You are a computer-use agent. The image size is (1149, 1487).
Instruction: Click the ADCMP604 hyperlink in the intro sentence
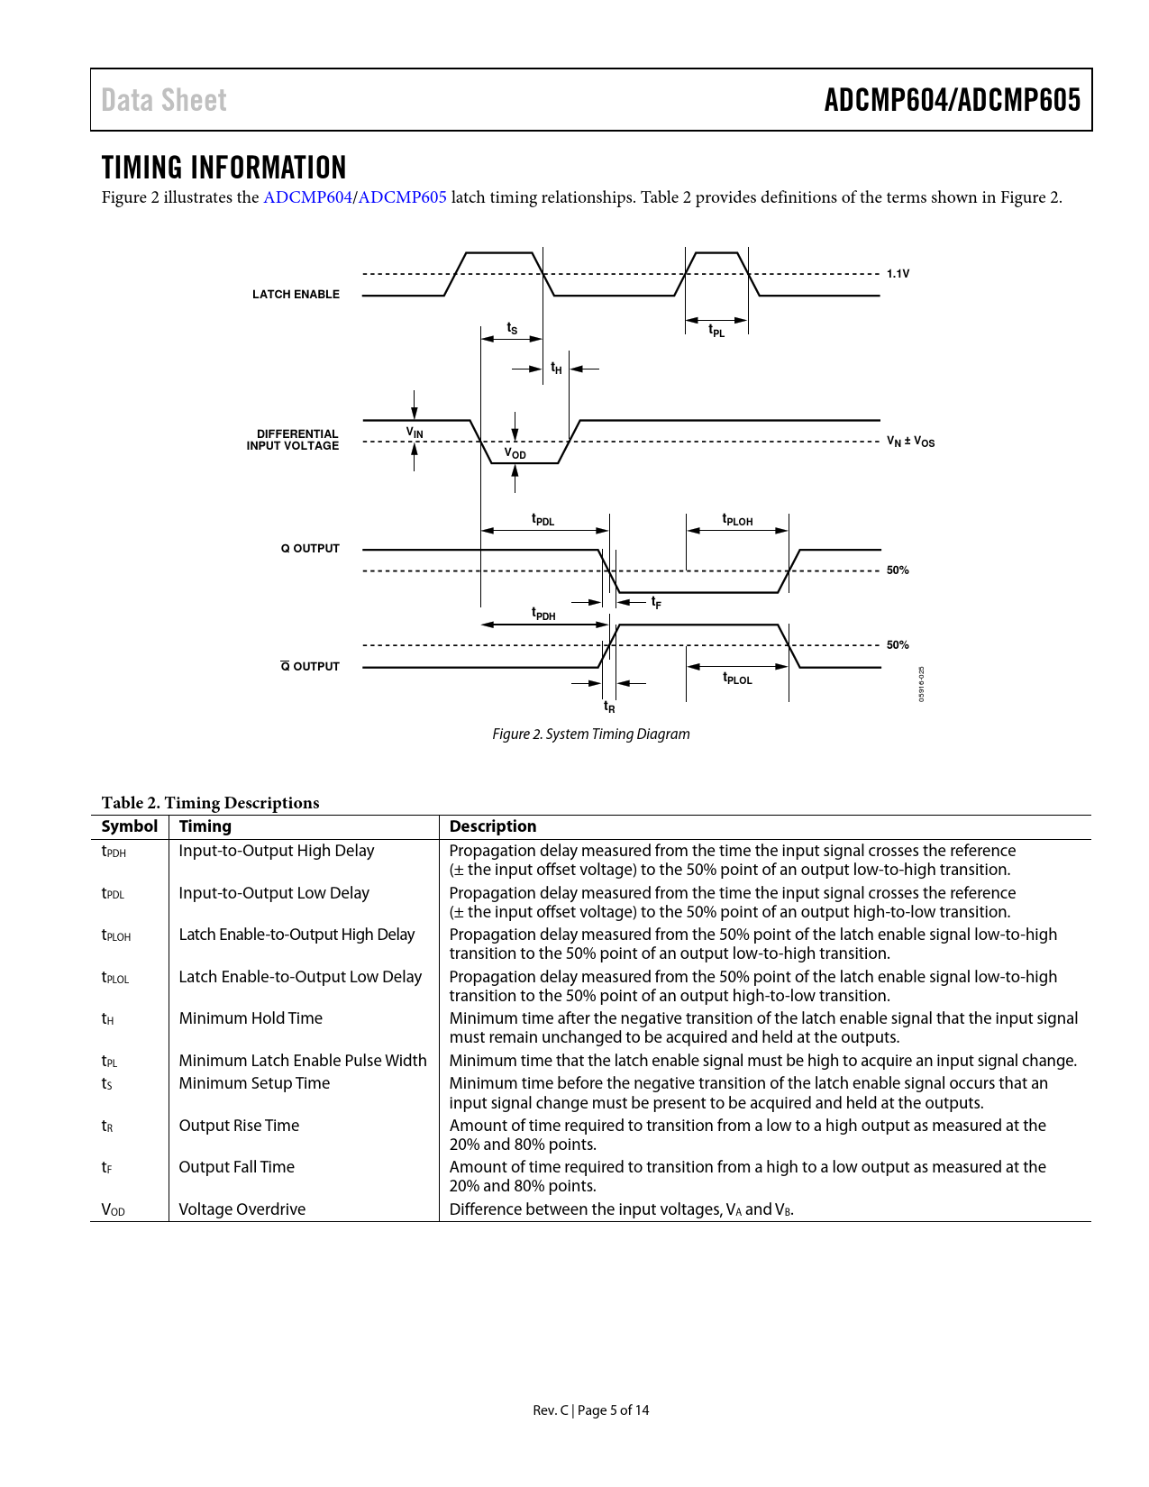(307, 197)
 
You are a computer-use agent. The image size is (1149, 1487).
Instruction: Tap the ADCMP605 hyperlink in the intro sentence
(403, 197)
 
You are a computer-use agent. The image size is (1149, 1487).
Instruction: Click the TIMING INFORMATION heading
(223, 168)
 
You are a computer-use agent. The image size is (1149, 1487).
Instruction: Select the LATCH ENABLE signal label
(296, 295)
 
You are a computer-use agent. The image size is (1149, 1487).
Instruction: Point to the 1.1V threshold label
(898, 274)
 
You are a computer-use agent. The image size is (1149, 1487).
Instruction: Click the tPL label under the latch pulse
(716, 332)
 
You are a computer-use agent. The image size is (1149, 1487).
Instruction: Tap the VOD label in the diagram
(515, 453)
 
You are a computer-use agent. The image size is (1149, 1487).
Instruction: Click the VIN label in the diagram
(415, 433)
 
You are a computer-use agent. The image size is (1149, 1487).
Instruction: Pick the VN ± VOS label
(910, 442)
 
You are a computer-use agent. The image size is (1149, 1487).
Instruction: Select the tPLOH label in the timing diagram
(737, 520)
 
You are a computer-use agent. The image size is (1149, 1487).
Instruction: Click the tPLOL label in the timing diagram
(737, 679)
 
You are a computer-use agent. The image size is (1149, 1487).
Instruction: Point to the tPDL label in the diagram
(543, 520)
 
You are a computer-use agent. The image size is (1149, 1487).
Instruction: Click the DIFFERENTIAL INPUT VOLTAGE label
(294, 440)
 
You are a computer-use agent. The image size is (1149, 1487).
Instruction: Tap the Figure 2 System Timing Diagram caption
(591, 734)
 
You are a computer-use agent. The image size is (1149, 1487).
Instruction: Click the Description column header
(493, 826)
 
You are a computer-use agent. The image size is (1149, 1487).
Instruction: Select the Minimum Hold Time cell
(251, 1018)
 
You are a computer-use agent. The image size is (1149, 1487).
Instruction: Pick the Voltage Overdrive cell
(242, 1209)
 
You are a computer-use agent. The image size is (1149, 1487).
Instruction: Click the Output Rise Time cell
(239, 1126)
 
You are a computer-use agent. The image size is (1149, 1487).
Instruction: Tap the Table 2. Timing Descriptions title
(210, 803)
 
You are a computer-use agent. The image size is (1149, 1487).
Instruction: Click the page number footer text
(591, 1410)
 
